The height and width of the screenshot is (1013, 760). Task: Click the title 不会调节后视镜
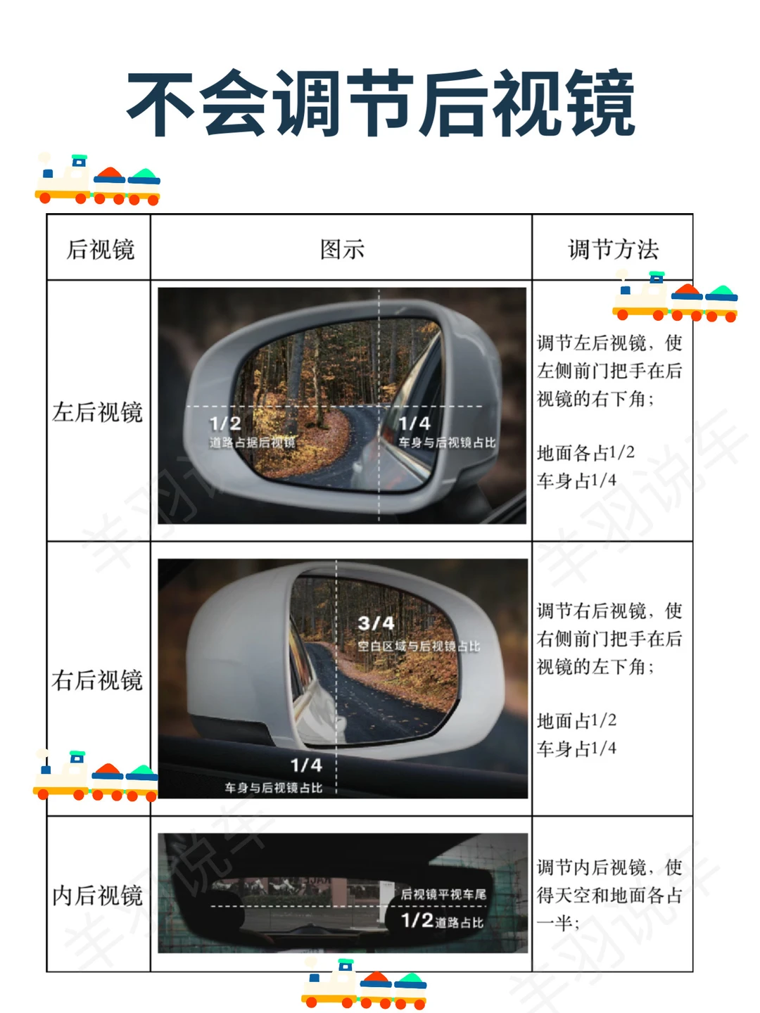pos(380,103)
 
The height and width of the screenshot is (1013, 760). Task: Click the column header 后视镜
pos(100,250)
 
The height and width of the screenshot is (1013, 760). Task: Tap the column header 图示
pos(342,250)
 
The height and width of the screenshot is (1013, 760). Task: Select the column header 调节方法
pos(613,250)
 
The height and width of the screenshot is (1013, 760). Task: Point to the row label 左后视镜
pos(97,412)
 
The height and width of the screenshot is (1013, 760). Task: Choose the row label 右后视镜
pos(97,680)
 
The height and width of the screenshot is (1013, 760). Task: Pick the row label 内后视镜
pos(97,896)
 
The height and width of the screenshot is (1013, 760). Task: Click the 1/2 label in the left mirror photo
pos(225,423)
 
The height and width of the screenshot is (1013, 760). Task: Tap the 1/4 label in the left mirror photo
pos(414,423)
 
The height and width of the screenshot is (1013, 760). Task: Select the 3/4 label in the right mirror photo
pos(376,623)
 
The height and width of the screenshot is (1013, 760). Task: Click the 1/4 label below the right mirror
pos(306,765)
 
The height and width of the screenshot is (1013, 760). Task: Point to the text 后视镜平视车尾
pos(443,894)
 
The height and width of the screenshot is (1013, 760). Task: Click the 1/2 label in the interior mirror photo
pos(417,920)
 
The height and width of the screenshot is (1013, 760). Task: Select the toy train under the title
pos(98,179)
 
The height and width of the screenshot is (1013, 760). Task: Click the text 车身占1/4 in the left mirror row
pos(576,480)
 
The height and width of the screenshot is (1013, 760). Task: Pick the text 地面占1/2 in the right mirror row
pos(576,720)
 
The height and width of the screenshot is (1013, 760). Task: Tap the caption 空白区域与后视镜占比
pos(419,646)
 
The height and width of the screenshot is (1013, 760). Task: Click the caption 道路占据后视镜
pos(252,442)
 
